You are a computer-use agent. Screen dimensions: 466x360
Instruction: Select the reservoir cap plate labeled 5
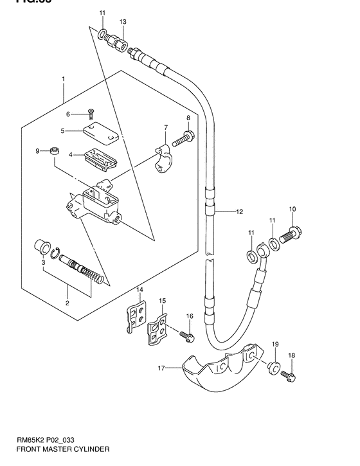(x=100, y=134)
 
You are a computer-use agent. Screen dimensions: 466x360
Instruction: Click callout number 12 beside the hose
(x=239, y=211)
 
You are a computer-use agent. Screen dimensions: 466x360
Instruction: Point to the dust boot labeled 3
(x=43, y=246)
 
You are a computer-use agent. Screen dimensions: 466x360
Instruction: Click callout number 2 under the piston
(x=67, y=302)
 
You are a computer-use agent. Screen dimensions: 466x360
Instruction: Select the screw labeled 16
(x=186, y=335)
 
